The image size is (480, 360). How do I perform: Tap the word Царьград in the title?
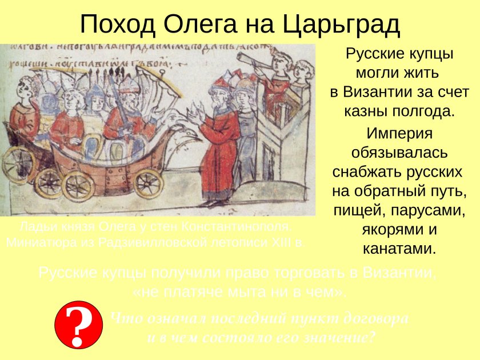[341, 24]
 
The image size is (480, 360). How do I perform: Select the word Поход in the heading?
[118, 24]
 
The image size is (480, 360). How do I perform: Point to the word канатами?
[399, 249]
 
